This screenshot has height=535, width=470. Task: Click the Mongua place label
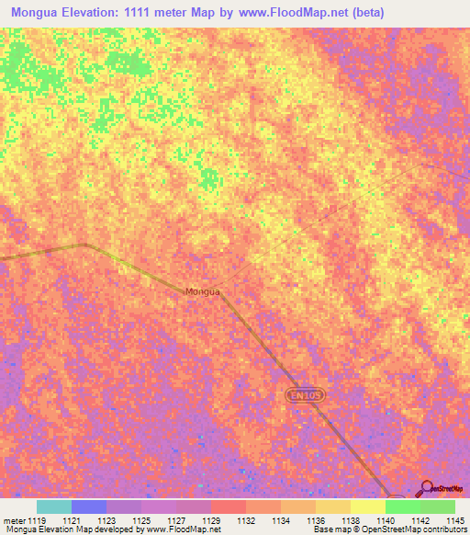pos(203,291)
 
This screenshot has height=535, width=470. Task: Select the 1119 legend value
pos(37,520)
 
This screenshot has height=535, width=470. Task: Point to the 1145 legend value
pos(454,520)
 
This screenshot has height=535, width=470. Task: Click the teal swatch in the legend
pos(53,507)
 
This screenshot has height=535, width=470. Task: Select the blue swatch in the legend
pos(88,507)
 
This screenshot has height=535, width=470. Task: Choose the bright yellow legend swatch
pos(367,507)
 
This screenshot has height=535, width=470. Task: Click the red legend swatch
pos(228,507)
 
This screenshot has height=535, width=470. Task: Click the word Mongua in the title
pos(39,13)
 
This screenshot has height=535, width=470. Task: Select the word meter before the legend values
pos(13,520)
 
